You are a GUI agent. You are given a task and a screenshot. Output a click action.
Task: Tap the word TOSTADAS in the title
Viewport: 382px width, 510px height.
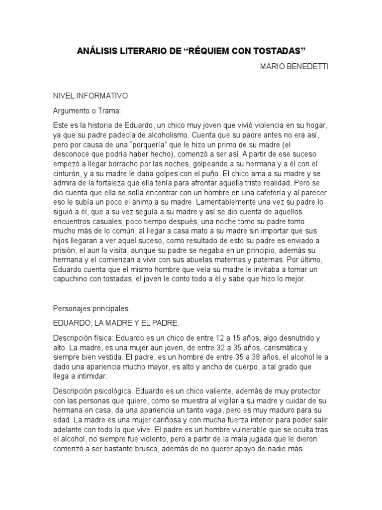pyautogui.click(x=279, y=51)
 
